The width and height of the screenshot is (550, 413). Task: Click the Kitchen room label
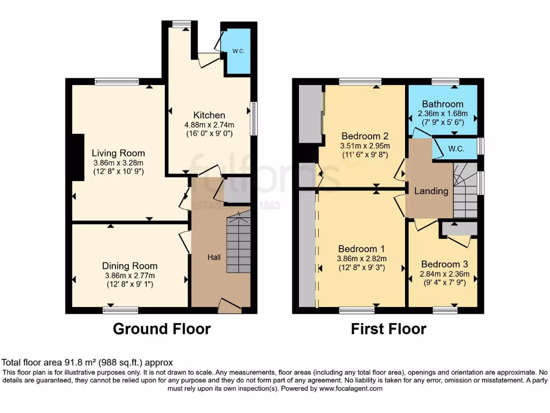(209, 115)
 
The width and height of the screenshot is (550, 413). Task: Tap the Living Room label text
(118, 153)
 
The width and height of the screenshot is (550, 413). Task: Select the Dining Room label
(129, 266)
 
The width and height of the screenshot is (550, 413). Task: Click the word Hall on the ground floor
(214, 258)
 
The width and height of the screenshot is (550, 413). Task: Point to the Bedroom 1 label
(361, 249)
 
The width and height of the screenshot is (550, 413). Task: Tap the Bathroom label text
(442, 104)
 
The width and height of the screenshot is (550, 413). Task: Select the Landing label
(431, 191)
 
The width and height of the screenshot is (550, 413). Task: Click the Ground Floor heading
(161, 329)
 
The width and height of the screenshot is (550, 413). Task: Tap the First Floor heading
(388, 329)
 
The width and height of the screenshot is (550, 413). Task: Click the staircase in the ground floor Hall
(237, 243)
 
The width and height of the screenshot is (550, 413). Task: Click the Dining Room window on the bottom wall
(120, 310)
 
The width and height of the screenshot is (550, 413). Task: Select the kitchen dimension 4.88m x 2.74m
(209, 125)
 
